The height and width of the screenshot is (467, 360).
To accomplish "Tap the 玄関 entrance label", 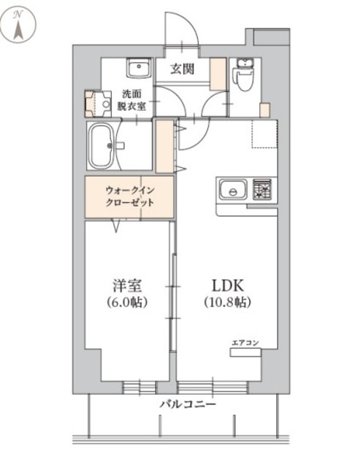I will point(182,70).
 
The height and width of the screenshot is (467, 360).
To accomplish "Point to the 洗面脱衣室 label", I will point(134,100).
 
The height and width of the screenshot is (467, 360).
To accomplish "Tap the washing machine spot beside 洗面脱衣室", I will point(95,104).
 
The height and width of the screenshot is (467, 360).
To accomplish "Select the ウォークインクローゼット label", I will point(129,197).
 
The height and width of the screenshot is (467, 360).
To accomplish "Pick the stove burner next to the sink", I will point(261,190).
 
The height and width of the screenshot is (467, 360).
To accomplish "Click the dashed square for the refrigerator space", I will point(264,134).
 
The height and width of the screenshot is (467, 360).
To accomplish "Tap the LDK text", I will point(226,283).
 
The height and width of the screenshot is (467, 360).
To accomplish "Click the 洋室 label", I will point(126,283).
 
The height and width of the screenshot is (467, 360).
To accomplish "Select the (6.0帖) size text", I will point(126,301).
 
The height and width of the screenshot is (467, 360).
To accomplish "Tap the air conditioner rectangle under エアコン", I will point(245,353).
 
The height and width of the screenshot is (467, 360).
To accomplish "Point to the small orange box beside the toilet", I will point(264,110).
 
